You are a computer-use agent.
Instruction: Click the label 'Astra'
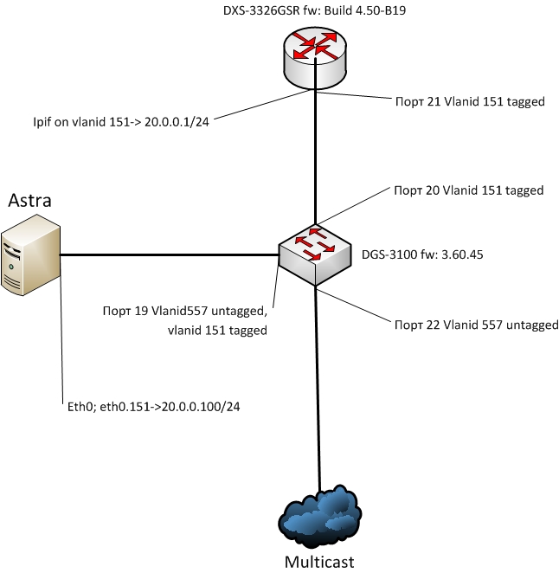[30, 201]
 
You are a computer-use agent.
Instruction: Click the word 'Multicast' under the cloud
[319, 561]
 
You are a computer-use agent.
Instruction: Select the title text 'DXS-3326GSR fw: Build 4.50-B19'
[315, 11]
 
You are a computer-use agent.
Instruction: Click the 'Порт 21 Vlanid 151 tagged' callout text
[468, 101]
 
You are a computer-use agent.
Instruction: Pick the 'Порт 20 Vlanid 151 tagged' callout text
[468, 190]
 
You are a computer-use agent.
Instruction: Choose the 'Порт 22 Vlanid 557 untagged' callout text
[476, 325]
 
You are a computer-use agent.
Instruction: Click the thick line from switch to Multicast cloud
[318, 390]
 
